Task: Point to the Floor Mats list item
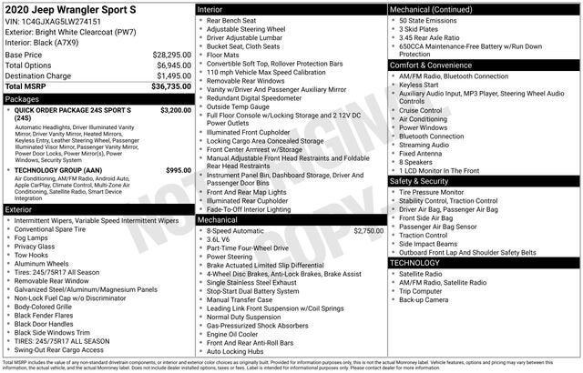tap(225, 54)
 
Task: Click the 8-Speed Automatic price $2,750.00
tap(368, 231)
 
